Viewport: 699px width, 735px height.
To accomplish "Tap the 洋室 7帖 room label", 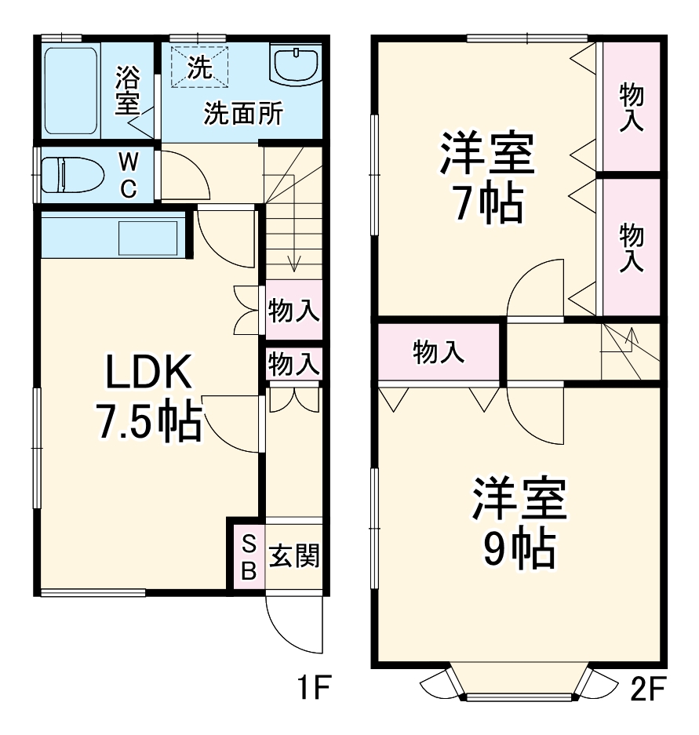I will click(x=487, y=179).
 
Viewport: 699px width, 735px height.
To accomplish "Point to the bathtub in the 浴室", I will click(x=71, y=90).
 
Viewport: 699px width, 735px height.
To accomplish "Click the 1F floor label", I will click(x=311, y=690).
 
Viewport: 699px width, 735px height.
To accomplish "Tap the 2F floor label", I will click(x=647, y=690).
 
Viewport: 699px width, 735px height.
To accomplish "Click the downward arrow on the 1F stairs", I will click(x=294, y=263).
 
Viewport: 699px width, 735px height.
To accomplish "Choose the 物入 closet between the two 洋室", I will click(x=439, y=352).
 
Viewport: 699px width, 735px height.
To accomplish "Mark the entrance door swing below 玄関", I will click(x=295, y=624).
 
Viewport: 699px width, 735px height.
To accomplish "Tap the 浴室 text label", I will click(x=127, y=90).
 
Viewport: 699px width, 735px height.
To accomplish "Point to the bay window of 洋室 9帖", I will click(x=518, y=684).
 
